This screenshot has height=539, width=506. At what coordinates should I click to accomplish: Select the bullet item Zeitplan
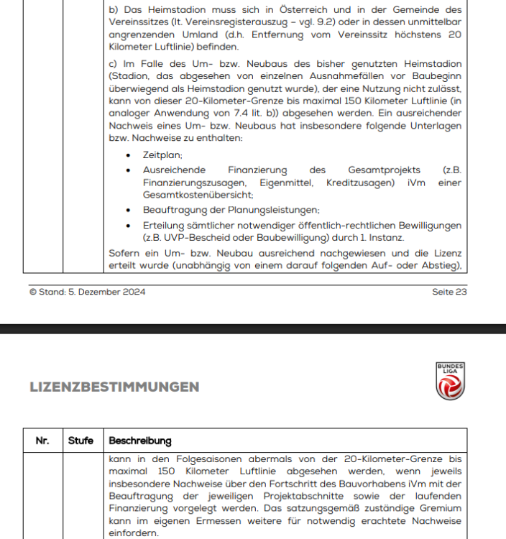tap(163, 155)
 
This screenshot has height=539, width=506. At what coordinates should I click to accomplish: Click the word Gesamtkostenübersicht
tap(198, 195)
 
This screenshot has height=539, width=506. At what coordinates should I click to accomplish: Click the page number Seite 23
tap(450, 292)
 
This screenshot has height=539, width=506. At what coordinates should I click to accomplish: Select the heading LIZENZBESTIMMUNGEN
tap(114, 387)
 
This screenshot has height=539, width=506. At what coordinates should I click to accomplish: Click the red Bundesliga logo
tap(451, 382)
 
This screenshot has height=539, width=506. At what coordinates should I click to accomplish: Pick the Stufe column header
tap(81, 440)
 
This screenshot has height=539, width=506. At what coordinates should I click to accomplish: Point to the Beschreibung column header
tap(140, 440)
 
